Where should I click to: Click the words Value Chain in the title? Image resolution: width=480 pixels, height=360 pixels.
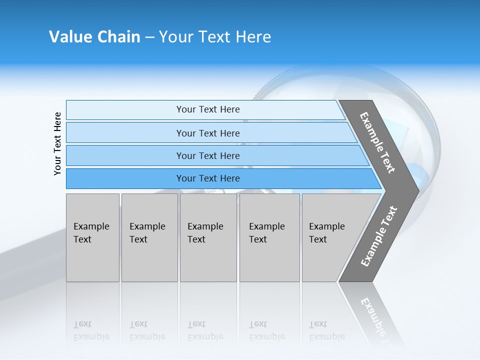coord(94,37)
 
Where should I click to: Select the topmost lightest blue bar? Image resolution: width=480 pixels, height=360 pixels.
coord(125,109)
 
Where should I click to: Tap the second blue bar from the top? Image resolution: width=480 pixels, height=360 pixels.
coord(125,133)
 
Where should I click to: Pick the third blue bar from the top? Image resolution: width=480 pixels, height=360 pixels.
coord(125,155)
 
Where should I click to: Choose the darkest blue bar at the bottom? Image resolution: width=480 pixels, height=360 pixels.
coord(125,178)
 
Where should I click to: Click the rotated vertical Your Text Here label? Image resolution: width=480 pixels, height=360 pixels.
coord(57,143)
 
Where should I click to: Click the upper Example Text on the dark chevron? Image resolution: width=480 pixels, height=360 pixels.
coord(377,142)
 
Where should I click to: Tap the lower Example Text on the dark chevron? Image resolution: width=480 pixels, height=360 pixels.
coord(379,236)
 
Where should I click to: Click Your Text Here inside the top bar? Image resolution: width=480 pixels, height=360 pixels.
coord(208,109)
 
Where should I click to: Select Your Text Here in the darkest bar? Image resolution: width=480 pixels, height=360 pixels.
coord(208,178)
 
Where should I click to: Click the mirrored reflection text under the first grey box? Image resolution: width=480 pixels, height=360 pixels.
coord(91,330)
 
